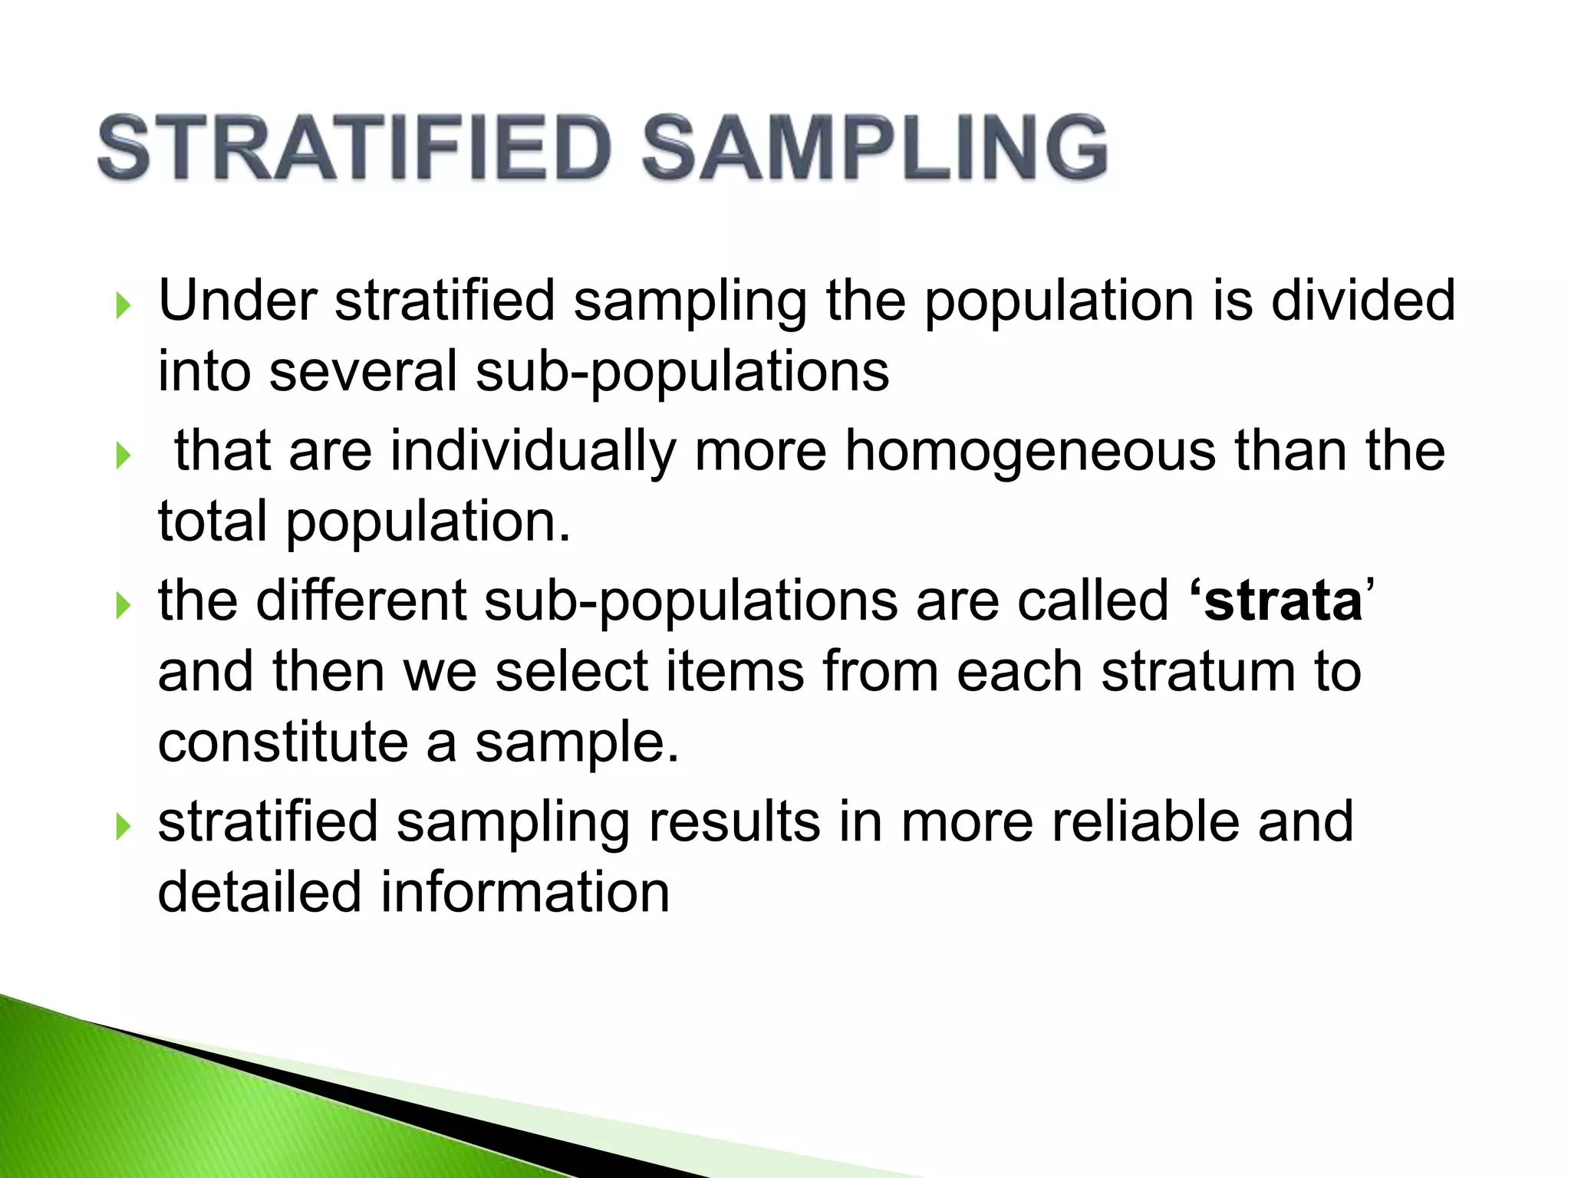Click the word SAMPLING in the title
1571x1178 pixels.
[x=874, y=148]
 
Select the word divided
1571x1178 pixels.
[x=1362, y=300]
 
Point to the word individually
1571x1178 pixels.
[x=533, y=451]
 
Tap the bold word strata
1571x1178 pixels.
[x=1283, y=601]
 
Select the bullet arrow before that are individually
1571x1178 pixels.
[x=123, y=456]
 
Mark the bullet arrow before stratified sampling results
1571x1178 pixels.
[x=123, y=828]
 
